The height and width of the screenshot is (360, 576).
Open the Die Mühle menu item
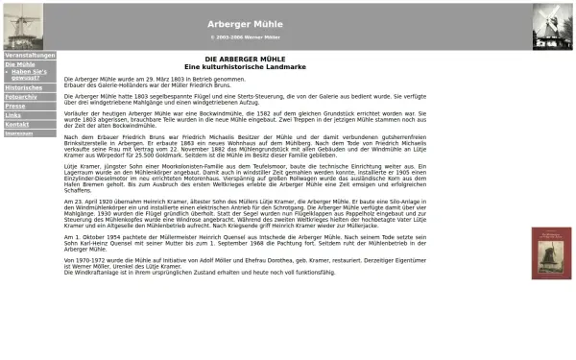(x=19, y=64)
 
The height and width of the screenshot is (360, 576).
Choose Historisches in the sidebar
(x=23, y=87)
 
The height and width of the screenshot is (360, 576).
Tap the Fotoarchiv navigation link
(x=21, y=97)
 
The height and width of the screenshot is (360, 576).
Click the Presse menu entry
(x=15, y=106)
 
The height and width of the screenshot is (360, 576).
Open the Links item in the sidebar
(x=13, y=115)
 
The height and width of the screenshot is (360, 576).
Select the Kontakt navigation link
(x=16, y=124)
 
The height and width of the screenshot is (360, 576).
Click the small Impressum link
(x=18, y=133)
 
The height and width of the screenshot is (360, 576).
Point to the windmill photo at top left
(x=23, y=25)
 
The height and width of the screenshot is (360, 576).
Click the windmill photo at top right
(x=551, y=25)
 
